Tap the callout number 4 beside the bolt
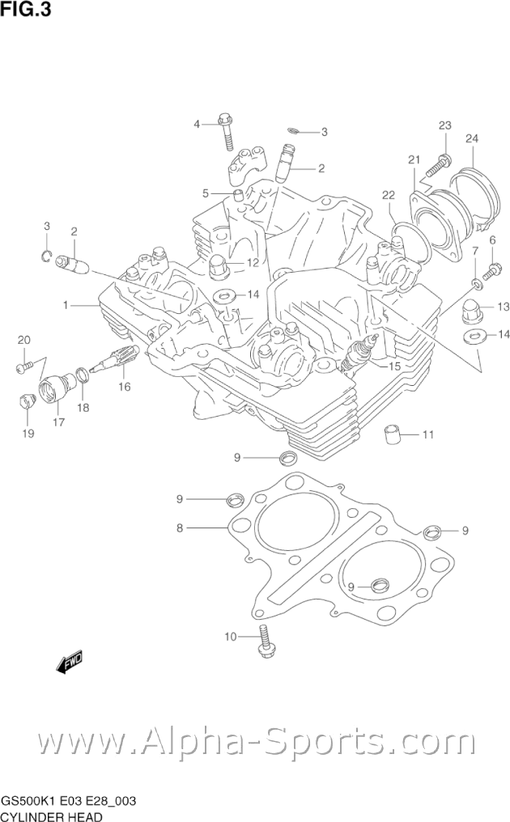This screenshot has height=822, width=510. click(x=196, y=124)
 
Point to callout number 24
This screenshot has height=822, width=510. click(x=472, y=138)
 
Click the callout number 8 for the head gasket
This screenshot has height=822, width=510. click(x=181, y=528)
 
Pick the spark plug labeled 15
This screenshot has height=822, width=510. click(x=358, y=355)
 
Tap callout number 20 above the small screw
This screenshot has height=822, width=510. click(x=23, y=339)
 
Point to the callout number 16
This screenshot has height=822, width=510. click(x=123, y=387)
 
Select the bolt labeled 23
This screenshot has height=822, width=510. click(x=438, y=165)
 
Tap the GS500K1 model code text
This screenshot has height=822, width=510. click(x=28, y=801)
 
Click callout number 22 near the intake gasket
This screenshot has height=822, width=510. click(x=389, y=194)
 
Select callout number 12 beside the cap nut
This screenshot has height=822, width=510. click(x=252, y=263)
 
